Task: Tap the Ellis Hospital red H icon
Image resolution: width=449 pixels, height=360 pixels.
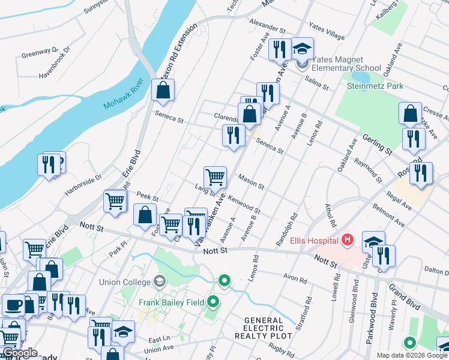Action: (x=347, y=241)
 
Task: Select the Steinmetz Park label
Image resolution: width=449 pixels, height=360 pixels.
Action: (x=375, y=86)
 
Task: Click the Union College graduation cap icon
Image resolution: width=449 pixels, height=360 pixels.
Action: (x=159, y=281)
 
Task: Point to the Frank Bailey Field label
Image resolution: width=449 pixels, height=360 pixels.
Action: (x=171, y=302)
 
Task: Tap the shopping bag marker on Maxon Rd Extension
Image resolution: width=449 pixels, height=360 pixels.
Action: (x=163, y=91)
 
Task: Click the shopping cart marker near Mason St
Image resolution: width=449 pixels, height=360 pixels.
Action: (x=215, y=178)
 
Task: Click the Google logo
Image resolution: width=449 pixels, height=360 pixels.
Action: (x=19, y=353)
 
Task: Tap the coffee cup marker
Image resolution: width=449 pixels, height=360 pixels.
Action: (x=13, y=305)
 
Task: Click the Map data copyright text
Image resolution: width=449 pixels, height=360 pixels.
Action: (x=412, y=355)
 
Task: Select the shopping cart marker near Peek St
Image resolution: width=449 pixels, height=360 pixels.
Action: (x=115, y=202)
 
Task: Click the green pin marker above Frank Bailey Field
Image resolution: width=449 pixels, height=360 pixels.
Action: (x=224, y=280)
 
